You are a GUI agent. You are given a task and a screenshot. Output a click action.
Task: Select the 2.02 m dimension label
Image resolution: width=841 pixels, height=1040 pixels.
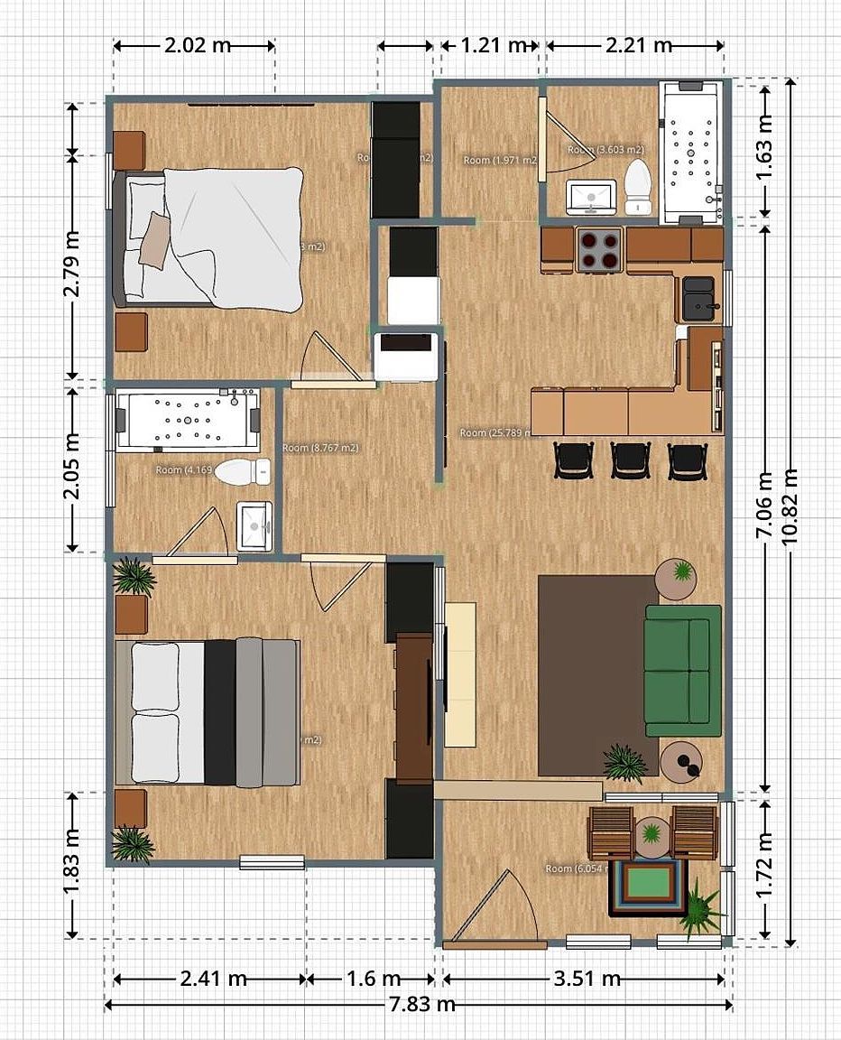(196, 45)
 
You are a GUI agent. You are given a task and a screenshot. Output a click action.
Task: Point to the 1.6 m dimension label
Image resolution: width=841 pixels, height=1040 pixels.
(371, 979)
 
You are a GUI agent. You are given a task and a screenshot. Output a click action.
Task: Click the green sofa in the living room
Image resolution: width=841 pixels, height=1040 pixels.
(683, 670)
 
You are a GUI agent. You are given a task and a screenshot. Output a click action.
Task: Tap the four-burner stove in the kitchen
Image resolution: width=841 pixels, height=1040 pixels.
(599, 249)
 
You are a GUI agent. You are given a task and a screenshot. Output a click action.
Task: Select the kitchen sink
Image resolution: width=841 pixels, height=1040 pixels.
(698, 297)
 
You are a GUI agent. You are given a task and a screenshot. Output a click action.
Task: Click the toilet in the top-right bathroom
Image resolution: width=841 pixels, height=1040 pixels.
(638, 186)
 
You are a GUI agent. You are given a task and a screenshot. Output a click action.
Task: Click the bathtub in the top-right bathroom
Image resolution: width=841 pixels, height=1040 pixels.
(692, 152)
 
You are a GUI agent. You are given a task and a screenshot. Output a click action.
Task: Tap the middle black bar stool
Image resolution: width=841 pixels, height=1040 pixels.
(630, 460)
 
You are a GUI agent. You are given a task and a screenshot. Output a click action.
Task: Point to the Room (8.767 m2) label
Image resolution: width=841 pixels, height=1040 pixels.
(320, 448)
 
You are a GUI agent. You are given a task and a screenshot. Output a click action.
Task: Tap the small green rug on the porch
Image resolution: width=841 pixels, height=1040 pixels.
(648, 884)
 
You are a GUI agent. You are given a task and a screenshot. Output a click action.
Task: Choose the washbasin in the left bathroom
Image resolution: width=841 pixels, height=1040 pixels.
(254, 525)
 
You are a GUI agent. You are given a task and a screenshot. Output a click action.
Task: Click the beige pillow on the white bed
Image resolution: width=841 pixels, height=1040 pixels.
(154, 239)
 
